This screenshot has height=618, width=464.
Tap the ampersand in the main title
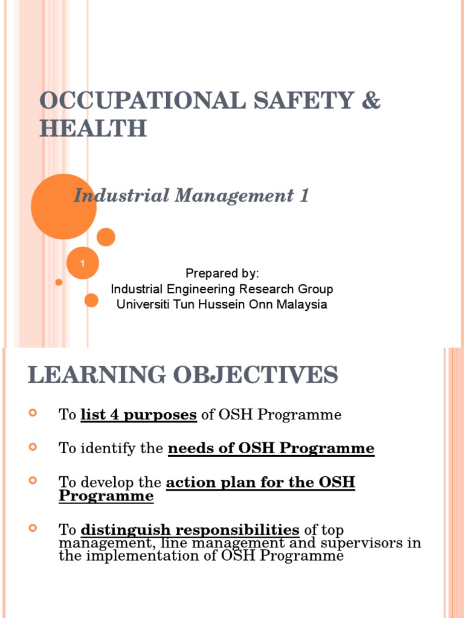click(x=371, y=101)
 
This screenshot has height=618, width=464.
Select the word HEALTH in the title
click(x=93, y=129)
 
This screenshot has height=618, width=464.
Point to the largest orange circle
click(x=63, y=206)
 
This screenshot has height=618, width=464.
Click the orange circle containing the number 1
click(x=82, y=263)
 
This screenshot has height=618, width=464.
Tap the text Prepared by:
click(x=222, y=273)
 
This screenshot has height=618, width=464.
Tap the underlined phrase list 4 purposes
click(x=138, y=415)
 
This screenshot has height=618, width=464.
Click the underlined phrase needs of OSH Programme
click(x=271, y=448)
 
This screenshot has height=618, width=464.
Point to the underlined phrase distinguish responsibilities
click(x=190, y=530)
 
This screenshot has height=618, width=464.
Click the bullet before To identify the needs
click(x=33, y=447)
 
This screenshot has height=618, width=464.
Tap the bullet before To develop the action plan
click(x=33, y=481)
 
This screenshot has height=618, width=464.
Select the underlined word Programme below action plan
click(x=106, y=496)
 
